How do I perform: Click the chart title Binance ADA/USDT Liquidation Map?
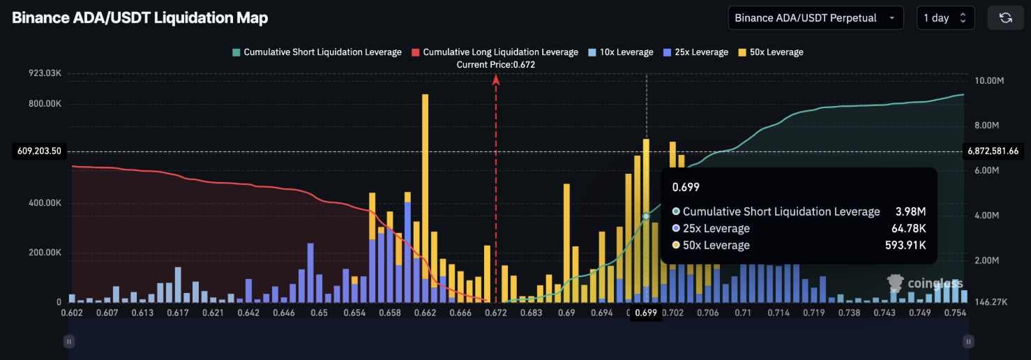pos(140,18)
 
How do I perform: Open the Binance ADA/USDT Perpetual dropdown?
pos(815,18)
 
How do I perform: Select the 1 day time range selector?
pos(945,18)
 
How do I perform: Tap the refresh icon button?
pos(1005,18)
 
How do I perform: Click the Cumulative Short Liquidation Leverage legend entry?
pos(317,52)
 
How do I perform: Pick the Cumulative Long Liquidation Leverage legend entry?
pos(495,52)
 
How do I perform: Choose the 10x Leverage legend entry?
pos(620,52)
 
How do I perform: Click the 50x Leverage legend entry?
pos(770,52)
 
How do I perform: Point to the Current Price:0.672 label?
pos(496,65)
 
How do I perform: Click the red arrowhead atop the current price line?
pos(496,80)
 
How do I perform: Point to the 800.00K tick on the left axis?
pos(45,104)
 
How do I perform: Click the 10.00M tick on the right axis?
pos(989,81)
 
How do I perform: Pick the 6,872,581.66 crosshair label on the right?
pos(993,151)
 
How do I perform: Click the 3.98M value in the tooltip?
pos(911,212)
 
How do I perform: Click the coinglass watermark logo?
pos(925,283)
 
